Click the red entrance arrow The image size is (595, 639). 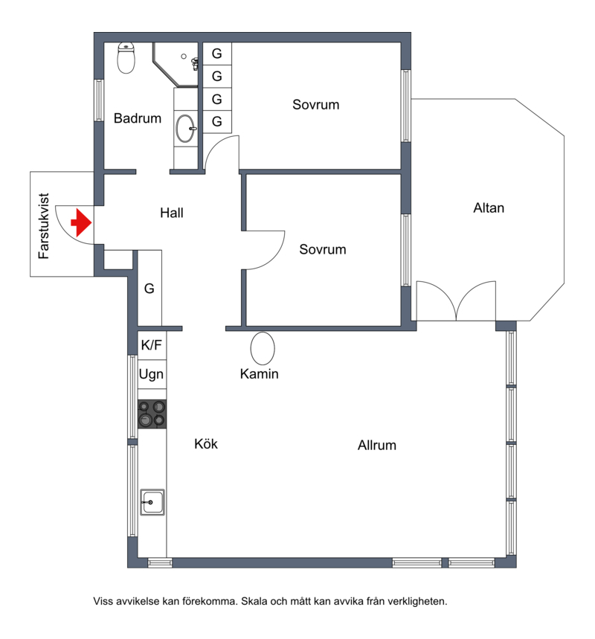pos(82,222)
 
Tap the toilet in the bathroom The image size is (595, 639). pos(126,58)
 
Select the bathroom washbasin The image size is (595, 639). pos(185,129)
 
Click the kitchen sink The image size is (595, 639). pos(152,502)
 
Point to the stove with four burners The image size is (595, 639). pos(152,414)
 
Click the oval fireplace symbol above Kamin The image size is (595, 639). pos(263,348)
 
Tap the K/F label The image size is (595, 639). pos(152,345)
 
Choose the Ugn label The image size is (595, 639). pos(151,374)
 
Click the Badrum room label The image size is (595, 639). pos(138,118)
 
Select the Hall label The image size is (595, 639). pos(172,213)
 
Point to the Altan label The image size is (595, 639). pos(489,208)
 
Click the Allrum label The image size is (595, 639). pos(377,445)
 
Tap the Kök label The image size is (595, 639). pos(206,444)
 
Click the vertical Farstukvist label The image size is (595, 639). pos(44,225)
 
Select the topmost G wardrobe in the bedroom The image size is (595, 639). pos(217,54)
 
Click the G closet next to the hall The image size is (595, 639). pos(149,289)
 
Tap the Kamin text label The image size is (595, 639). pos(259,373)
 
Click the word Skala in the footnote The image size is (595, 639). pos(254,601)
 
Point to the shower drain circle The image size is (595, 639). pos(184,57)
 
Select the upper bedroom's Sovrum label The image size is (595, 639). pos(316,105)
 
